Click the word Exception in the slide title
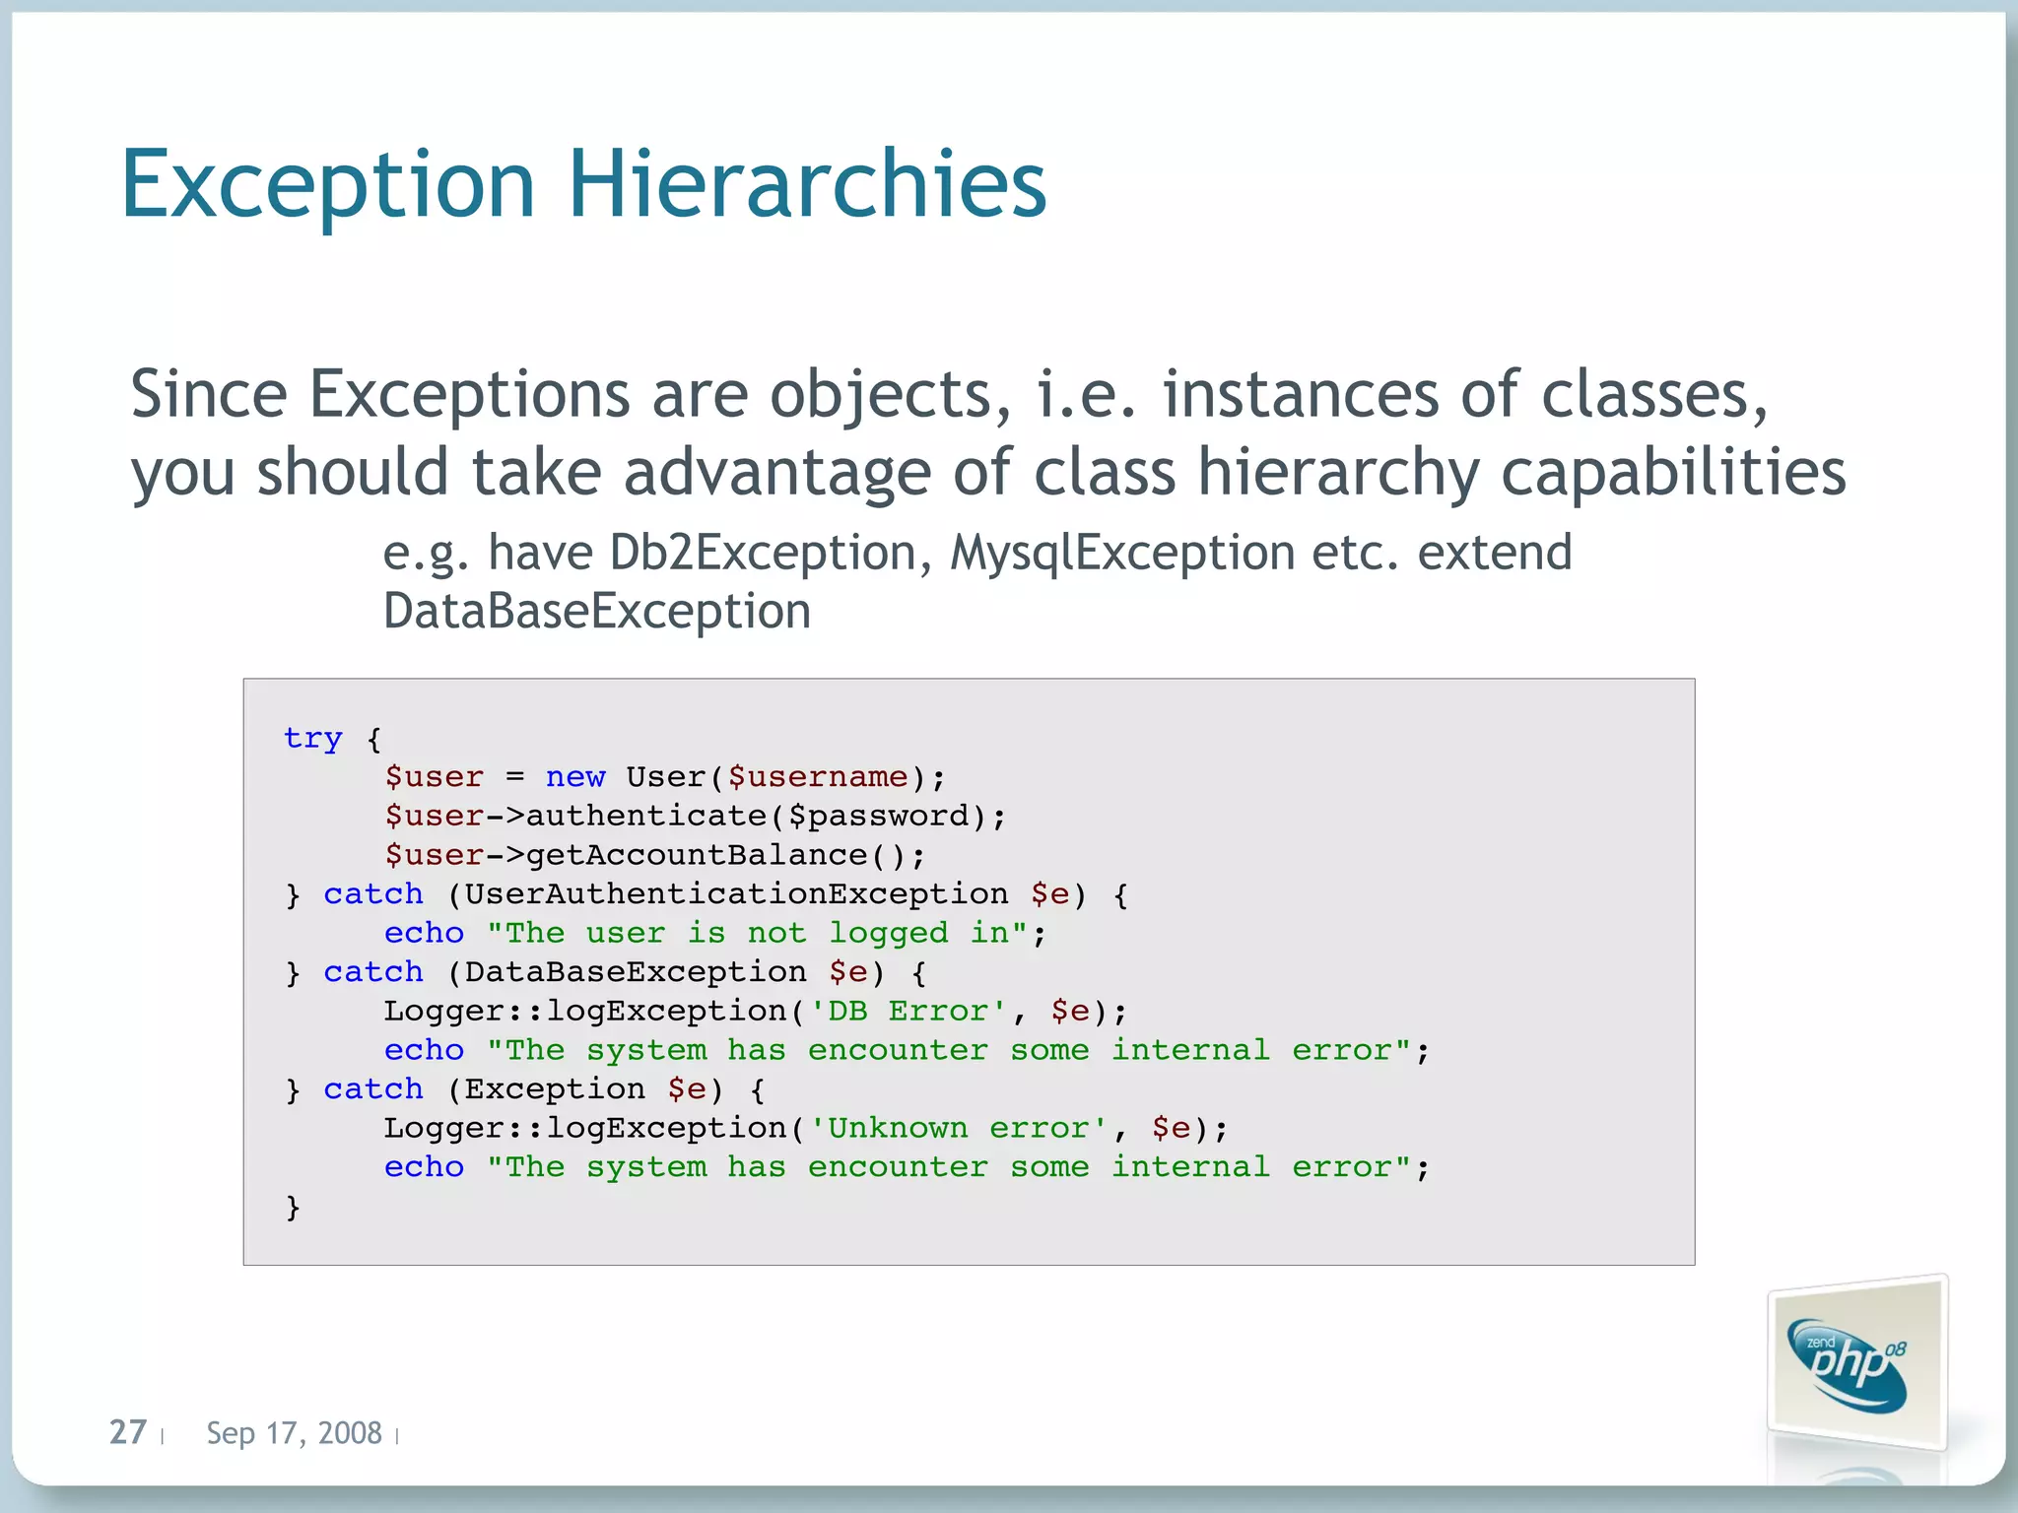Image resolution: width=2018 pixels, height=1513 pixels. tap(328, 185)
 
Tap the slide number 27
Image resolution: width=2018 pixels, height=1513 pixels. tap(128, 1431)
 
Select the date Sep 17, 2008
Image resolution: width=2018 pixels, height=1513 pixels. tap(294, 1432)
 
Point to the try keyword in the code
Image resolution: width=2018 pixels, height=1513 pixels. tap(312, 738)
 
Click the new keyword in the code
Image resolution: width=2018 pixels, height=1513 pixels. tap(575, 777)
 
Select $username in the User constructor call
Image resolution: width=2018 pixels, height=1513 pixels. tap(817, 777)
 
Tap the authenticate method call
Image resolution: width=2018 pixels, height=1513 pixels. tap(645, 816)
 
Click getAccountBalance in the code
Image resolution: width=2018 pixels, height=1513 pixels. tap(697, 855)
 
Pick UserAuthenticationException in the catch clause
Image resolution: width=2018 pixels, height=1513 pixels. tap(736, 894)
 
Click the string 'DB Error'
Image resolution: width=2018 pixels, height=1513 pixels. tap(908, 1012)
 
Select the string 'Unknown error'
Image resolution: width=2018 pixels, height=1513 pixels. tap(958, 1128)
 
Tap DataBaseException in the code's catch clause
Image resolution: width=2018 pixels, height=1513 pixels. tap(636, 972)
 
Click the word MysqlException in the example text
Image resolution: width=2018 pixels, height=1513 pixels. tap(1122, 553)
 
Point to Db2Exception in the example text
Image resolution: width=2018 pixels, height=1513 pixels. tap(763, 553)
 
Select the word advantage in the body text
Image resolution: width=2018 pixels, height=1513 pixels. tap(777, 472)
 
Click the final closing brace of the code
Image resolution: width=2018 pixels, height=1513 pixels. tap(293, 1207)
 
